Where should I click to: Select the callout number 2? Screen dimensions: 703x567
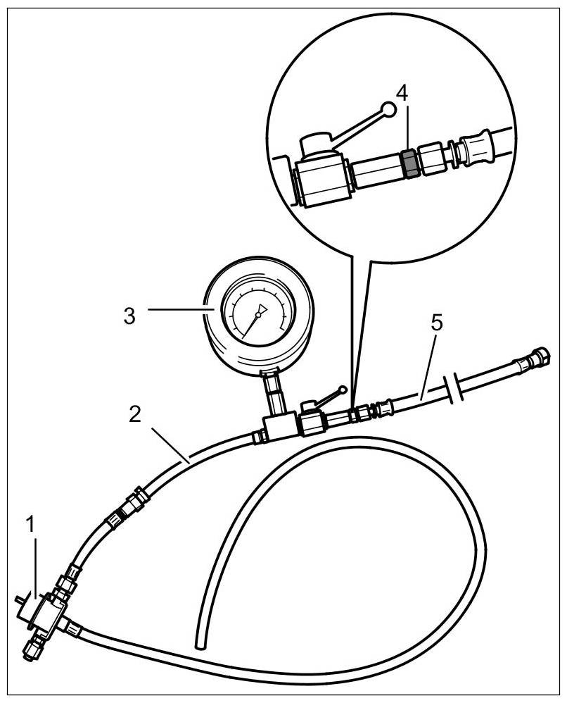(136, 413)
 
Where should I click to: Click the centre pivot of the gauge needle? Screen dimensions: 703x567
(257, 316)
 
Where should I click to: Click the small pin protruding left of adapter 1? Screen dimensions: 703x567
(18, 600)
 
